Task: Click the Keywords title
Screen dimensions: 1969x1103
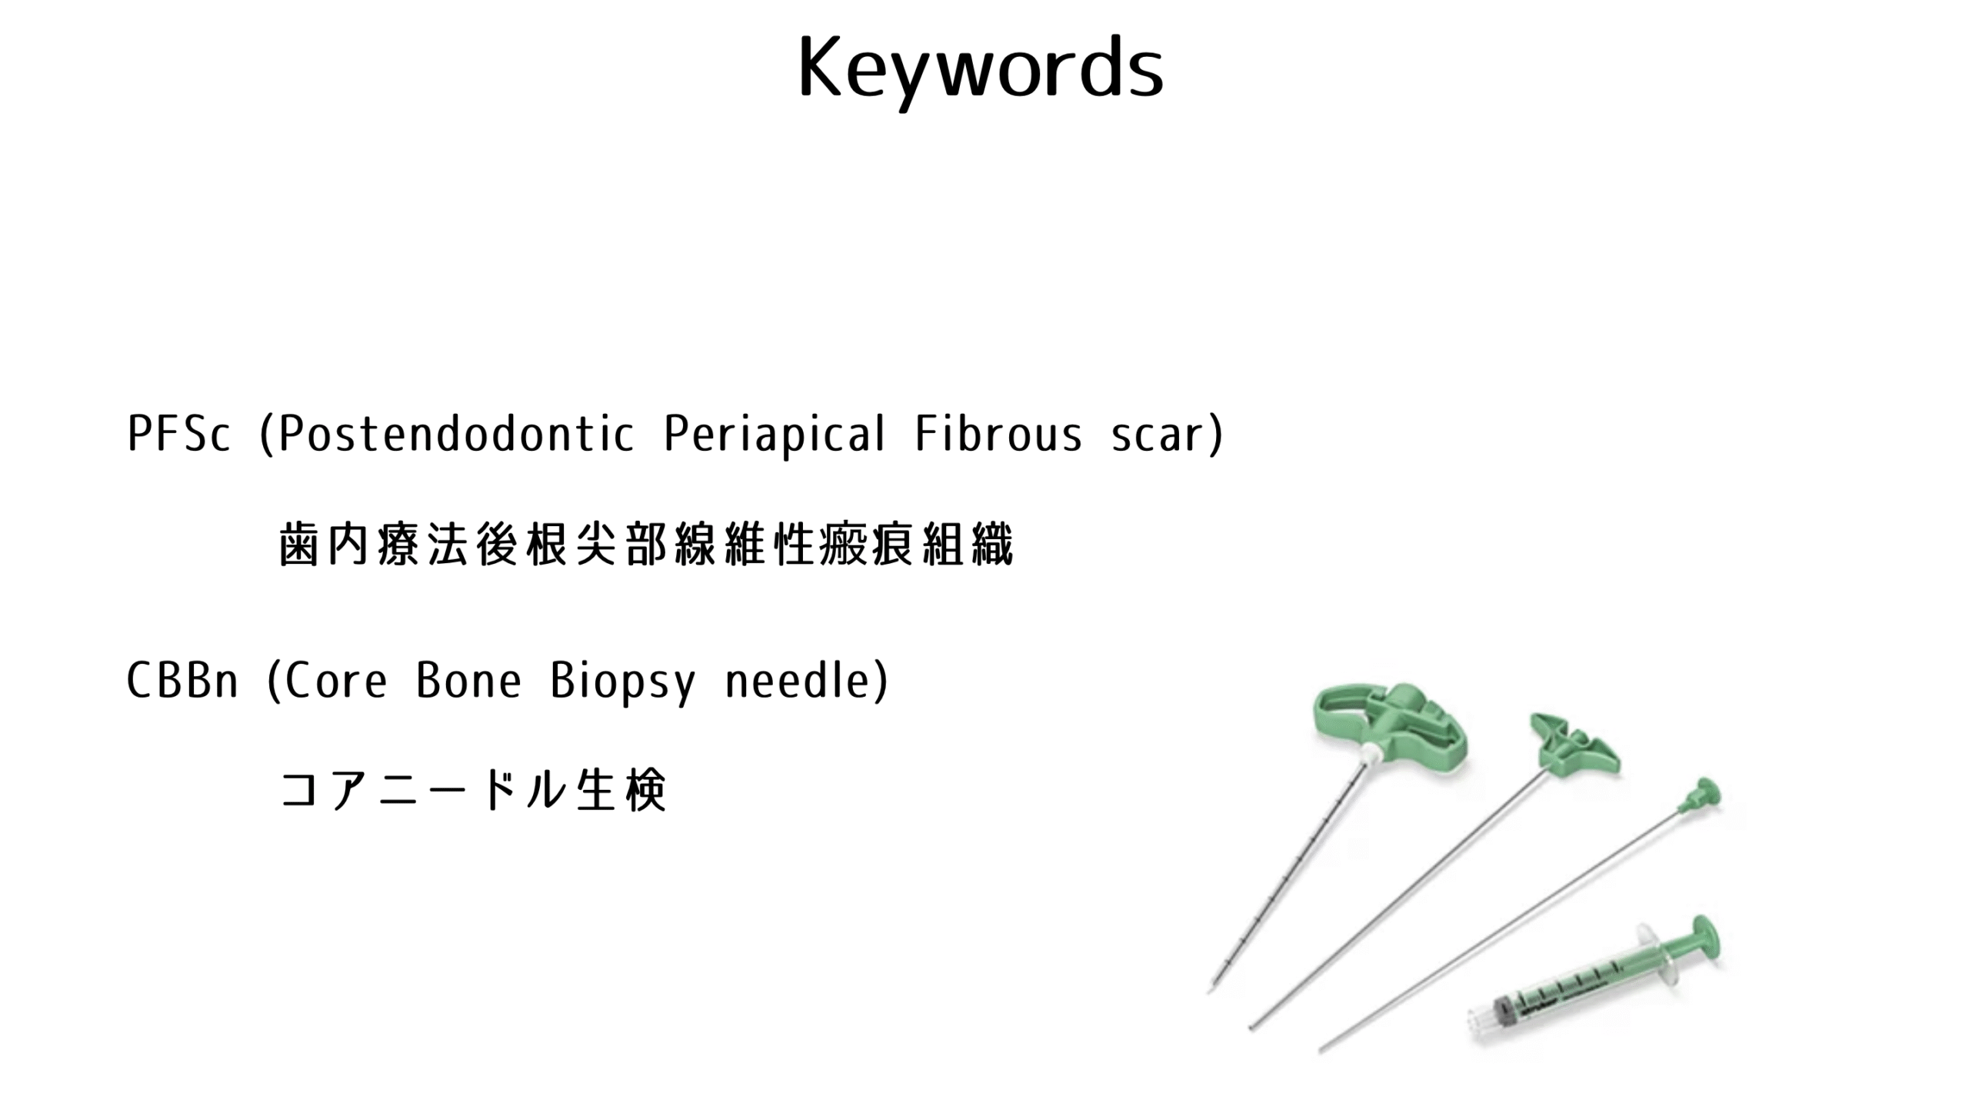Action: click(981, 69)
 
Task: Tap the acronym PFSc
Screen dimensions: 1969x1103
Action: click(178, 434)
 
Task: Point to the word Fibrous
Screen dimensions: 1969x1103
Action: click(998, 434)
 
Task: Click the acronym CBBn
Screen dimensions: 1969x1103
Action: click(182, 681)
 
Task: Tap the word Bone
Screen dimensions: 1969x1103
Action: click(468, 681)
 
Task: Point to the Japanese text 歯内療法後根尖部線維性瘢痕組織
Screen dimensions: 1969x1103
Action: click(646, 544)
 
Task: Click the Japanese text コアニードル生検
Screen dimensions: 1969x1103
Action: click(473, 790)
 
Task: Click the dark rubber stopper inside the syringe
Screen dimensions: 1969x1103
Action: click(1504, 1008)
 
